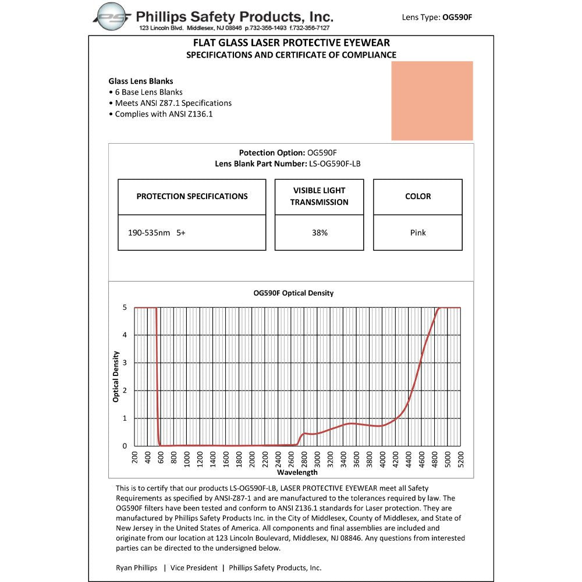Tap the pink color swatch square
(x=432, y=101)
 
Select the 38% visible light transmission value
(x=320, y=233)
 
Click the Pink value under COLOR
(x=418, y=233)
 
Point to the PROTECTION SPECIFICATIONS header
(x=192, y=197)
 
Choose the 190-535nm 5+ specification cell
(x=157, y=233)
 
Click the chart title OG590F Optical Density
(x=293, y=293)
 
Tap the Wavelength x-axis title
(x=297, y=473)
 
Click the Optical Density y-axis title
(x=116, y=377)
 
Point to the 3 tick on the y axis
(x=125, y=363)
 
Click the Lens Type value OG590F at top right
(x=457, y=17)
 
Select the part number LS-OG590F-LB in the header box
(x=334, y=164)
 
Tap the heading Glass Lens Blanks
(x=141, y=81)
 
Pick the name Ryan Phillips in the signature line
(x=136, y=567)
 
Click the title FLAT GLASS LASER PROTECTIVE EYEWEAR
(x=291, y=42)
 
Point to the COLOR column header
(x=418, y=197)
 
